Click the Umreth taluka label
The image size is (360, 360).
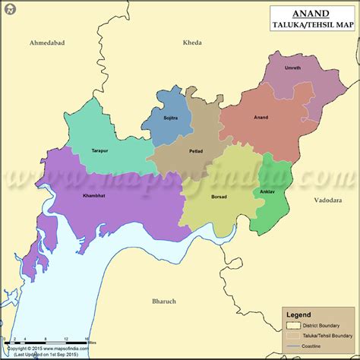pyautogui.click(x=292, y=68)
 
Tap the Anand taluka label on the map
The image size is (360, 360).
pyautogui.click(x=261, y=118)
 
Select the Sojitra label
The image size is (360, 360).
pyautogui.click(x=170, y=118)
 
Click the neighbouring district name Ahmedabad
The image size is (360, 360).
pyautogui.click(x=47, y=43)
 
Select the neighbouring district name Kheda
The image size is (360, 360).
pyautogui.click(x=192, y=43)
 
